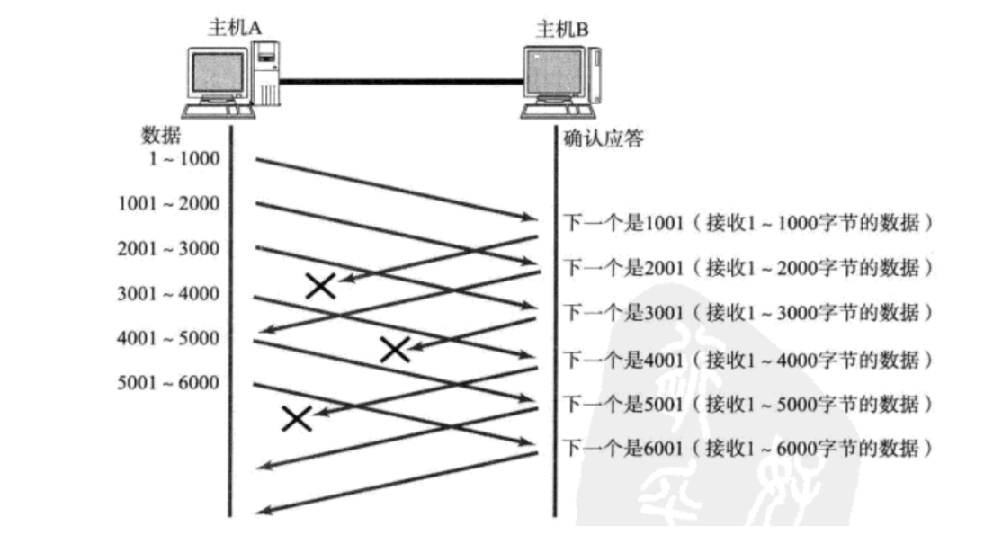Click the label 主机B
[562, 29]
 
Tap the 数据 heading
[161, 137]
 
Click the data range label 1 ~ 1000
[183, 159]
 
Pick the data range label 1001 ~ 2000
[168, 204]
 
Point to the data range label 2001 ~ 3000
[168, 249]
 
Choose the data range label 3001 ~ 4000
[168, 294]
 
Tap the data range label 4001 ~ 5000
[168, 339]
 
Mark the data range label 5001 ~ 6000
[168, 384]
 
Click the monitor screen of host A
[218, 74]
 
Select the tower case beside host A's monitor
[265, 76]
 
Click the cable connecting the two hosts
[400, 82]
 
